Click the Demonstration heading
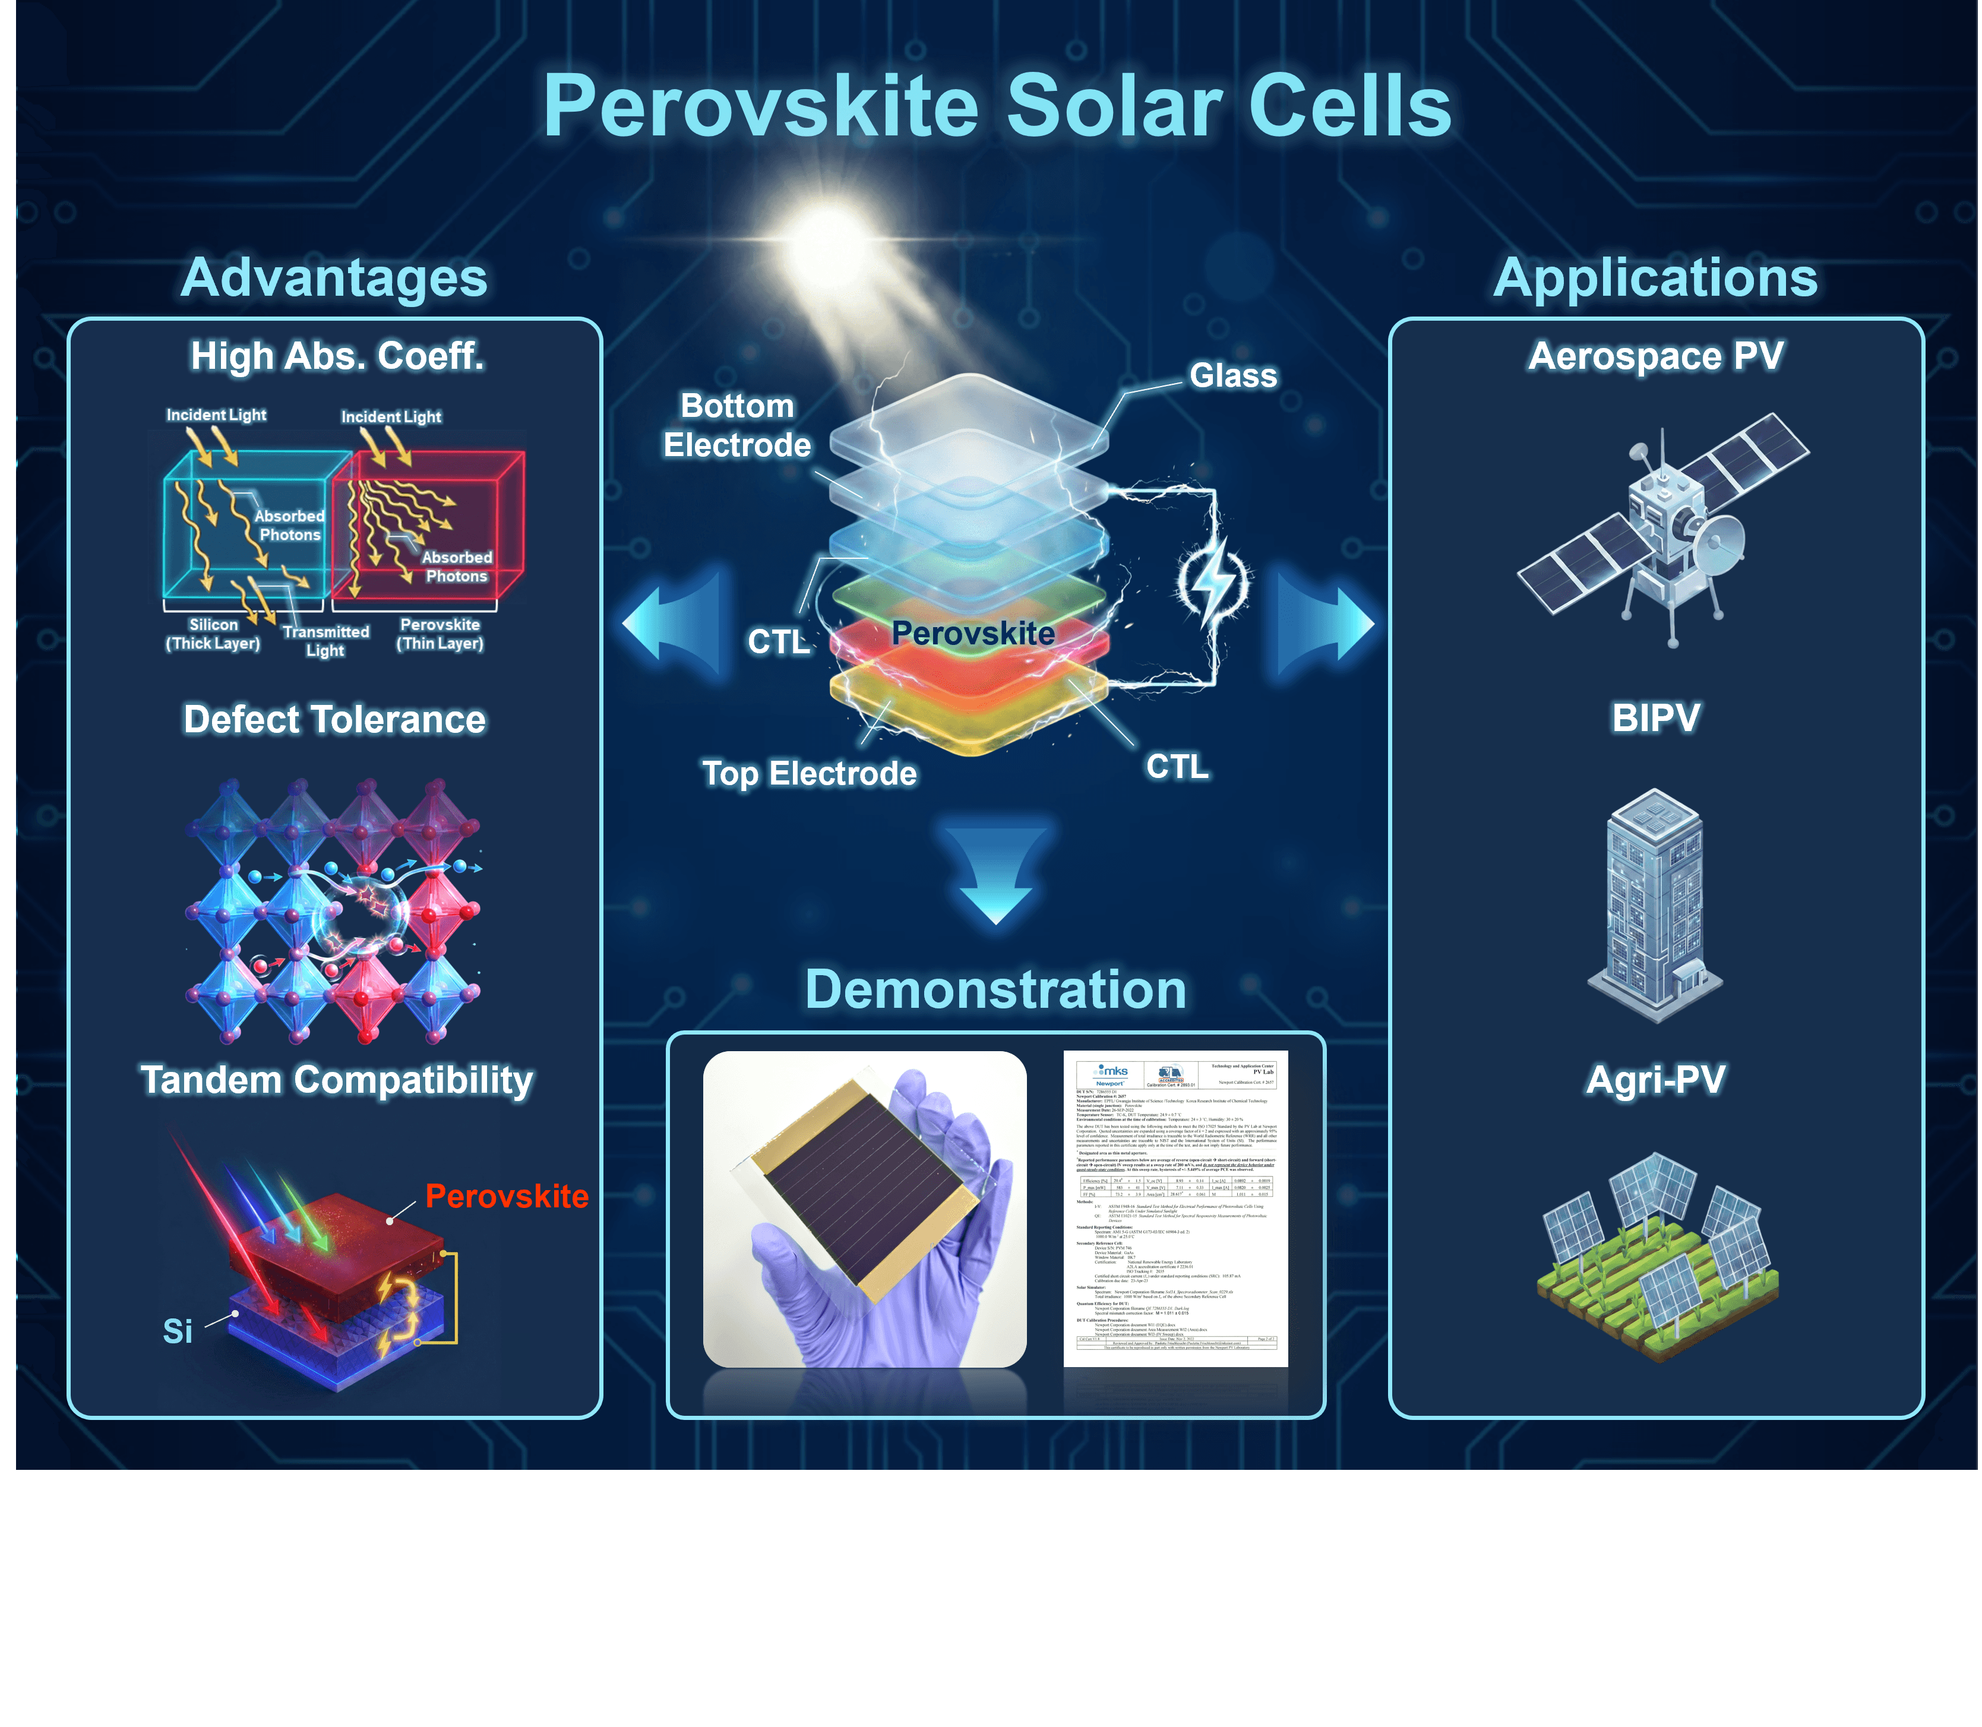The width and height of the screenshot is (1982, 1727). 996,990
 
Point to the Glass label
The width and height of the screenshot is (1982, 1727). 1233,376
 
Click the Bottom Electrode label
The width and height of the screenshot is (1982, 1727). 738,425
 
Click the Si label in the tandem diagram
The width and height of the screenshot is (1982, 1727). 178,1331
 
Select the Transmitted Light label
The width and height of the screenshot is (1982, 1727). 326,641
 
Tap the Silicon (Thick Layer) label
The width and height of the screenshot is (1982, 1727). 213,634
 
